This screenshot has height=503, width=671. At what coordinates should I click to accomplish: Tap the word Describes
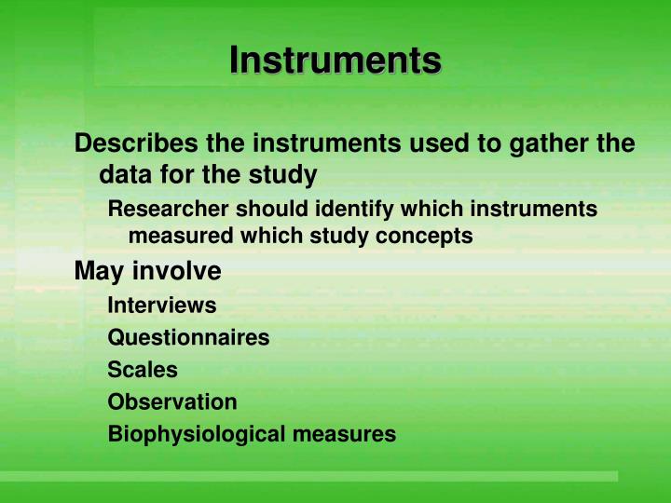tap(130, 144)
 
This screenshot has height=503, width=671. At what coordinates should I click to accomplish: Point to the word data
tap(123, 174)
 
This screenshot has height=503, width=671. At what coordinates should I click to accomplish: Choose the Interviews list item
tap(162, 305)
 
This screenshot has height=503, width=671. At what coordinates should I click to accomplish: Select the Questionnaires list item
tap(188, 337)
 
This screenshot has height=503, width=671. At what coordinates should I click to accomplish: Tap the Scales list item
tap(143, 370)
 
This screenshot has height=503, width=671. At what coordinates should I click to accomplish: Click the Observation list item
tap(172, 402)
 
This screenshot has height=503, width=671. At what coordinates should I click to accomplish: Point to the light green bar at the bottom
tap(308, 476)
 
